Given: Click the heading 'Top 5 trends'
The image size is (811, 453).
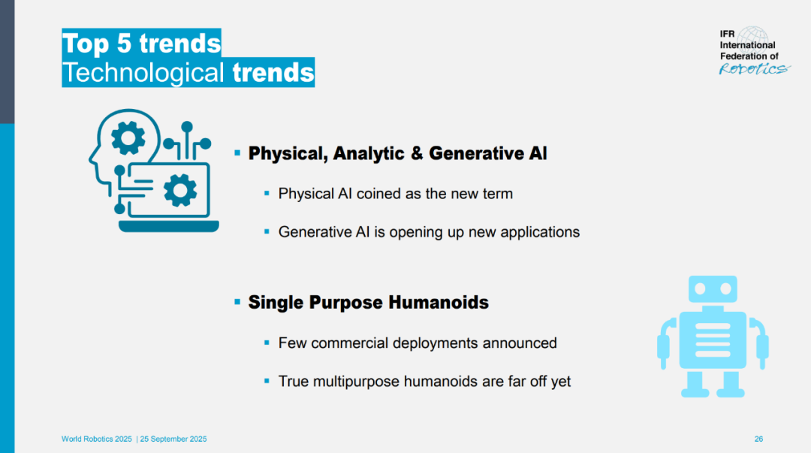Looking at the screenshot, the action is (141, 43).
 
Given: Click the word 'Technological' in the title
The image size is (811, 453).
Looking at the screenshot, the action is (143, 72).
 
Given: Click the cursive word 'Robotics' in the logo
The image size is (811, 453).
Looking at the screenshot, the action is (755, 69).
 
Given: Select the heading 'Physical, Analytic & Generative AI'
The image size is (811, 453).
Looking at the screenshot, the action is (397, 153).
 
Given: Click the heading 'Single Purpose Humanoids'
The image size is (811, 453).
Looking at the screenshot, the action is (368, 302).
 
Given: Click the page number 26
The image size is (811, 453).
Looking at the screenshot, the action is (758, 439).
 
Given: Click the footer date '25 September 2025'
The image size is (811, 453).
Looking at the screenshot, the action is (173, 439).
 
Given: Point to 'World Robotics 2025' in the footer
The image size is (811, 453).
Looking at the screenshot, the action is (97, 439).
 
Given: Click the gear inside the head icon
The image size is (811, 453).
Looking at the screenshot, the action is (128, 137).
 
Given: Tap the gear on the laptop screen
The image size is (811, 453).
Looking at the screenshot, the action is (180, 191).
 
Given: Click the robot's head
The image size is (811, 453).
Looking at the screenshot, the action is (713, 289).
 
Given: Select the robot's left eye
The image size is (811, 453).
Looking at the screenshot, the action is (701, 289).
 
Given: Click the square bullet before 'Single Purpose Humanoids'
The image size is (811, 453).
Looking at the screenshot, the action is (237, 302).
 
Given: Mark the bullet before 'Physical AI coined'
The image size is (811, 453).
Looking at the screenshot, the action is (267, 194).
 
